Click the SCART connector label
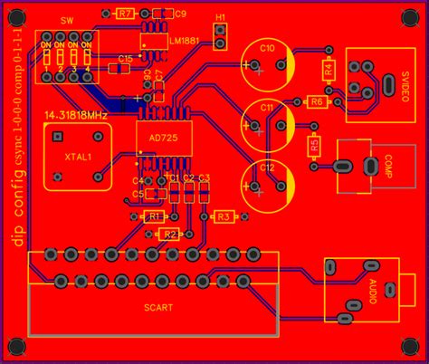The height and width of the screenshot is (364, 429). tap(158, 307)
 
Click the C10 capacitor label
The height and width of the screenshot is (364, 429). tap(267, 48)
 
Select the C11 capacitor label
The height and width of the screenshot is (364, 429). tap(267, 107)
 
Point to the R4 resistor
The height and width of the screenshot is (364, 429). tap(329, 68)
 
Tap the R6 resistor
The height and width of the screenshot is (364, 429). tap(317, 102)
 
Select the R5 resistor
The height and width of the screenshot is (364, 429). tap(314, 145)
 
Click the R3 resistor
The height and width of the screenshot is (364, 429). tap(223, 216)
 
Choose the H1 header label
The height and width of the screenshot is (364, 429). tap(221, 17)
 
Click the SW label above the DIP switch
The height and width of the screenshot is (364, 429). tap(68, 21)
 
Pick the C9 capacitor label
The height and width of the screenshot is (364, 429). tap(180, 14)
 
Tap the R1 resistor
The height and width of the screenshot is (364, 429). tap(154, 217)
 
